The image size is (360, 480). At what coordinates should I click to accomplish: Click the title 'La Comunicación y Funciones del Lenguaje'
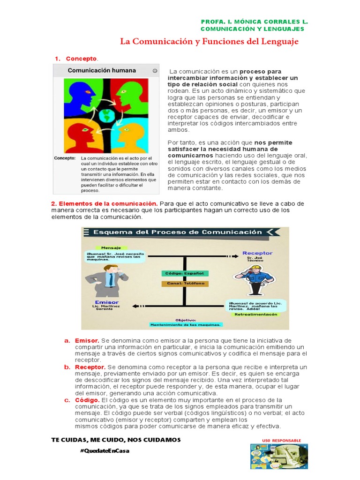tap(209, 42)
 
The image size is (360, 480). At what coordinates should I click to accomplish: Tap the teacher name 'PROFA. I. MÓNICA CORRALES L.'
tap(254, 22)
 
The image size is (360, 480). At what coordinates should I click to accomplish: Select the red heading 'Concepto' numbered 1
tap(81, 59)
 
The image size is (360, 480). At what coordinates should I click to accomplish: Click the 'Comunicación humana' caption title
tap(102, 70)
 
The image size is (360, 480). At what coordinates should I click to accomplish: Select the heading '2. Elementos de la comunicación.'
tap(104, 203)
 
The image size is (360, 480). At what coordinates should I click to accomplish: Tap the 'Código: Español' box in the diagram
tap(184, 273)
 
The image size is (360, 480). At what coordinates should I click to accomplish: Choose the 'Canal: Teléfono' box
tap(184, 283)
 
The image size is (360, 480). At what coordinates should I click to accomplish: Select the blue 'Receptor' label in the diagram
tap(257, 253)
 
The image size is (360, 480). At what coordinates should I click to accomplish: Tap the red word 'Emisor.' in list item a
tap(87, 340)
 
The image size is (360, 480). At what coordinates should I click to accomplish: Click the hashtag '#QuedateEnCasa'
tap(105, 450)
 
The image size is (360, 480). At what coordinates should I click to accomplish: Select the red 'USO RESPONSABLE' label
tap(282, 441)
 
